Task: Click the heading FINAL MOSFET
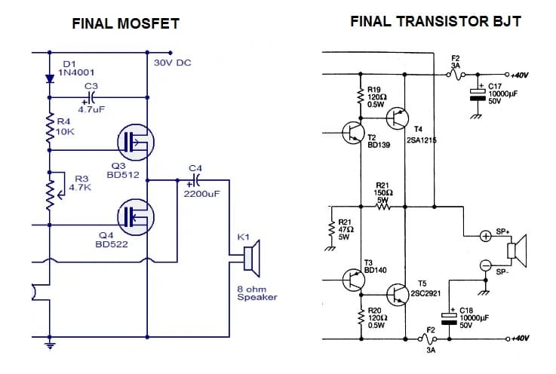click(x=125, y=23)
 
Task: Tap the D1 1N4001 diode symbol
click(x=51, y=78)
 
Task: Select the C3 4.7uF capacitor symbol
click(x=91, y=97)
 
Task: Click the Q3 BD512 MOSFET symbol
click(x=135, y=140)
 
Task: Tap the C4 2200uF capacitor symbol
click(x=195, y=181)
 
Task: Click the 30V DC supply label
click(x=172, y=63)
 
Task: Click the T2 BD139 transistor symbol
click(x=353, y=133)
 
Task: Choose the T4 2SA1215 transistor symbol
click(x=398, y=118)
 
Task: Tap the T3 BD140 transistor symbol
click(x=353, y=280)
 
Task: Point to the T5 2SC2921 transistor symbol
click(x=398, y=294)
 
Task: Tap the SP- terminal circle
click(x=486, y=265)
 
